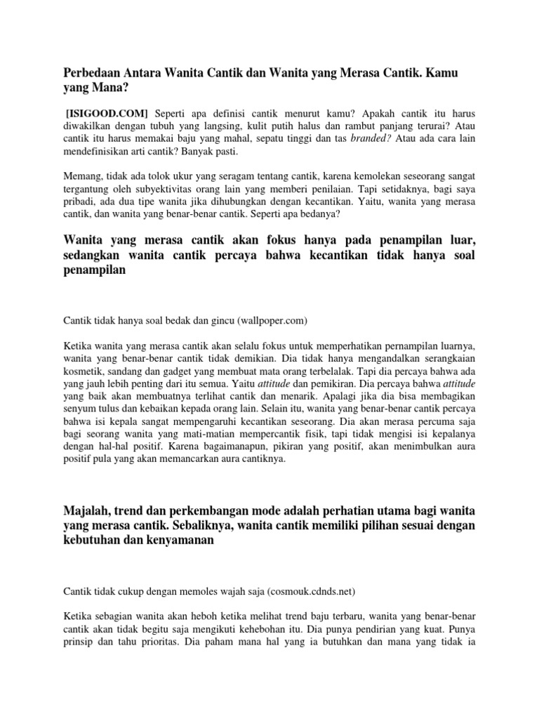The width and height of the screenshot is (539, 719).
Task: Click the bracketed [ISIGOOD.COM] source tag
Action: (x=106, y=113)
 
